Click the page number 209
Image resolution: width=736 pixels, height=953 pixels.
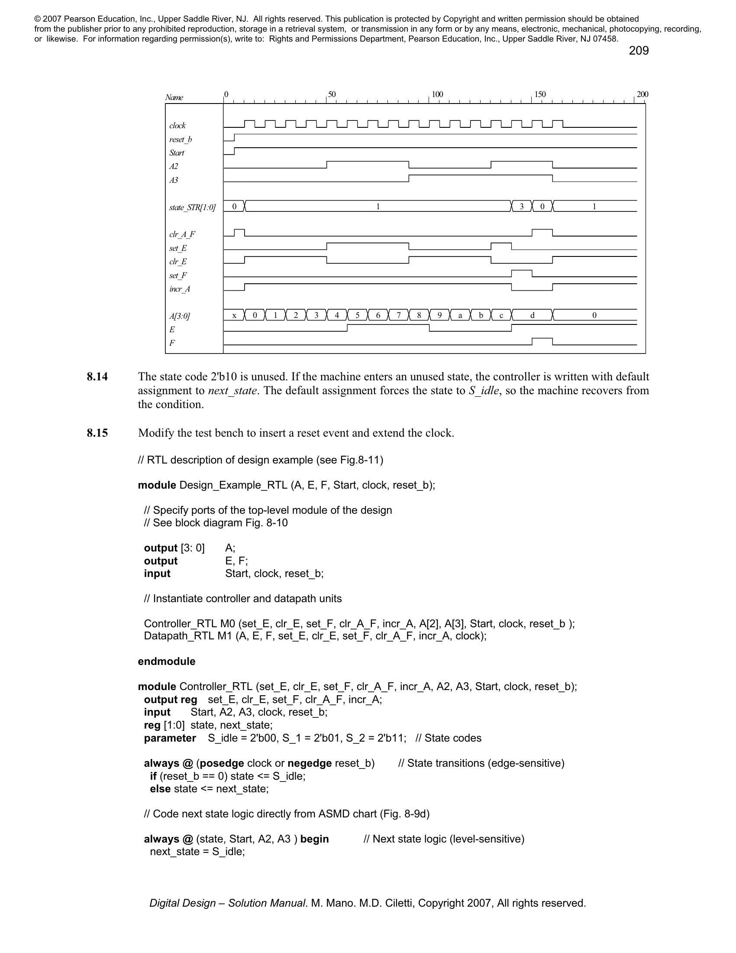pos(638,51)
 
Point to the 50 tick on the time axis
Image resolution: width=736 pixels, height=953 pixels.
pos(331,94)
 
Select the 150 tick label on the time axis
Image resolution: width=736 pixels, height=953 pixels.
pos(540,94)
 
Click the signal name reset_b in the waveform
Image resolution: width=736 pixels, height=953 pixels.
pos(181,139)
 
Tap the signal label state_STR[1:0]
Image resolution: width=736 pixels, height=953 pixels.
pos(192,207)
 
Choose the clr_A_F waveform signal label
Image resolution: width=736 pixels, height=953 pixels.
pos(182,235)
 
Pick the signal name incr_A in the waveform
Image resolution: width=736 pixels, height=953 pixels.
pos(180,289)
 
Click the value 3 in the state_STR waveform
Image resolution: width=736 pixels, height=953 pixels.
pos(522,207)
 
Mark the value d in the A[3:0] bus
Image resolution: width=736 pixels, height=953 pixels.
pos(532,315)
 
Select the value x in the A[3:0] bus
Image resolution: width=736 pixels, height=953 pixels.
pos(234,315)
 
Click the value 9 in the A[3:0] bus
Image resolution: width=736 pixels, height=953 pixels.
pos(439,315)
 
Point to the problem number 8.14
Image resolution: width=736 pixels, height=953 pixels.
pos(97,376)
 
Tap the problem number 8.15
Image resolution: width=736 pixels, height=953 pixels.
pos(97,433)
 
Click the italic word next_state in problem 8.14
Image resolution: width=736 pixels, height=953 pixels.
pos(232,391)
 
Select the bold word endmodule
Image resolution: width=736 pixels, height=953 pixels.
pos(167,661)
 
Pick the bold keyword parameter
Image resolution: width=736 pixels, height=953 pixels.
pos(170,738)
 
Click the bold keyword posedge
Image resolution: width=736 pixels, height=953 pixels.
pos(222,763)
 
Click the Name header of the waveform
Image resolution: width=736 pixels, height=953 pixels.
pos(174,97)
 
